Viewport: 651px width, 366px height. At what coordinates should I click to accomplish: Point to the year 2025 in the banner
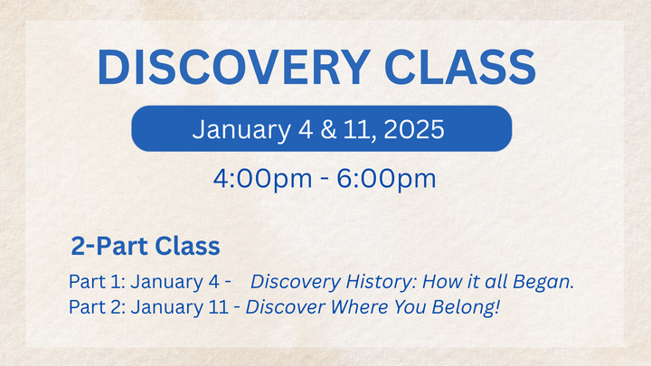pyautogui.click(x=414, y=129)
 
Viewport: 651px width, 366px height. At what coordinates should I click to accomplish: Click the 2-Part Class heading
pyautogui.click(x=146, y=246)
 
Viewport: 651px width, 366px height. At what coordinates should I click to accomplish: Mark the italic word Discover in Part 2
pyautogui.click(x=279, y=307)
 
